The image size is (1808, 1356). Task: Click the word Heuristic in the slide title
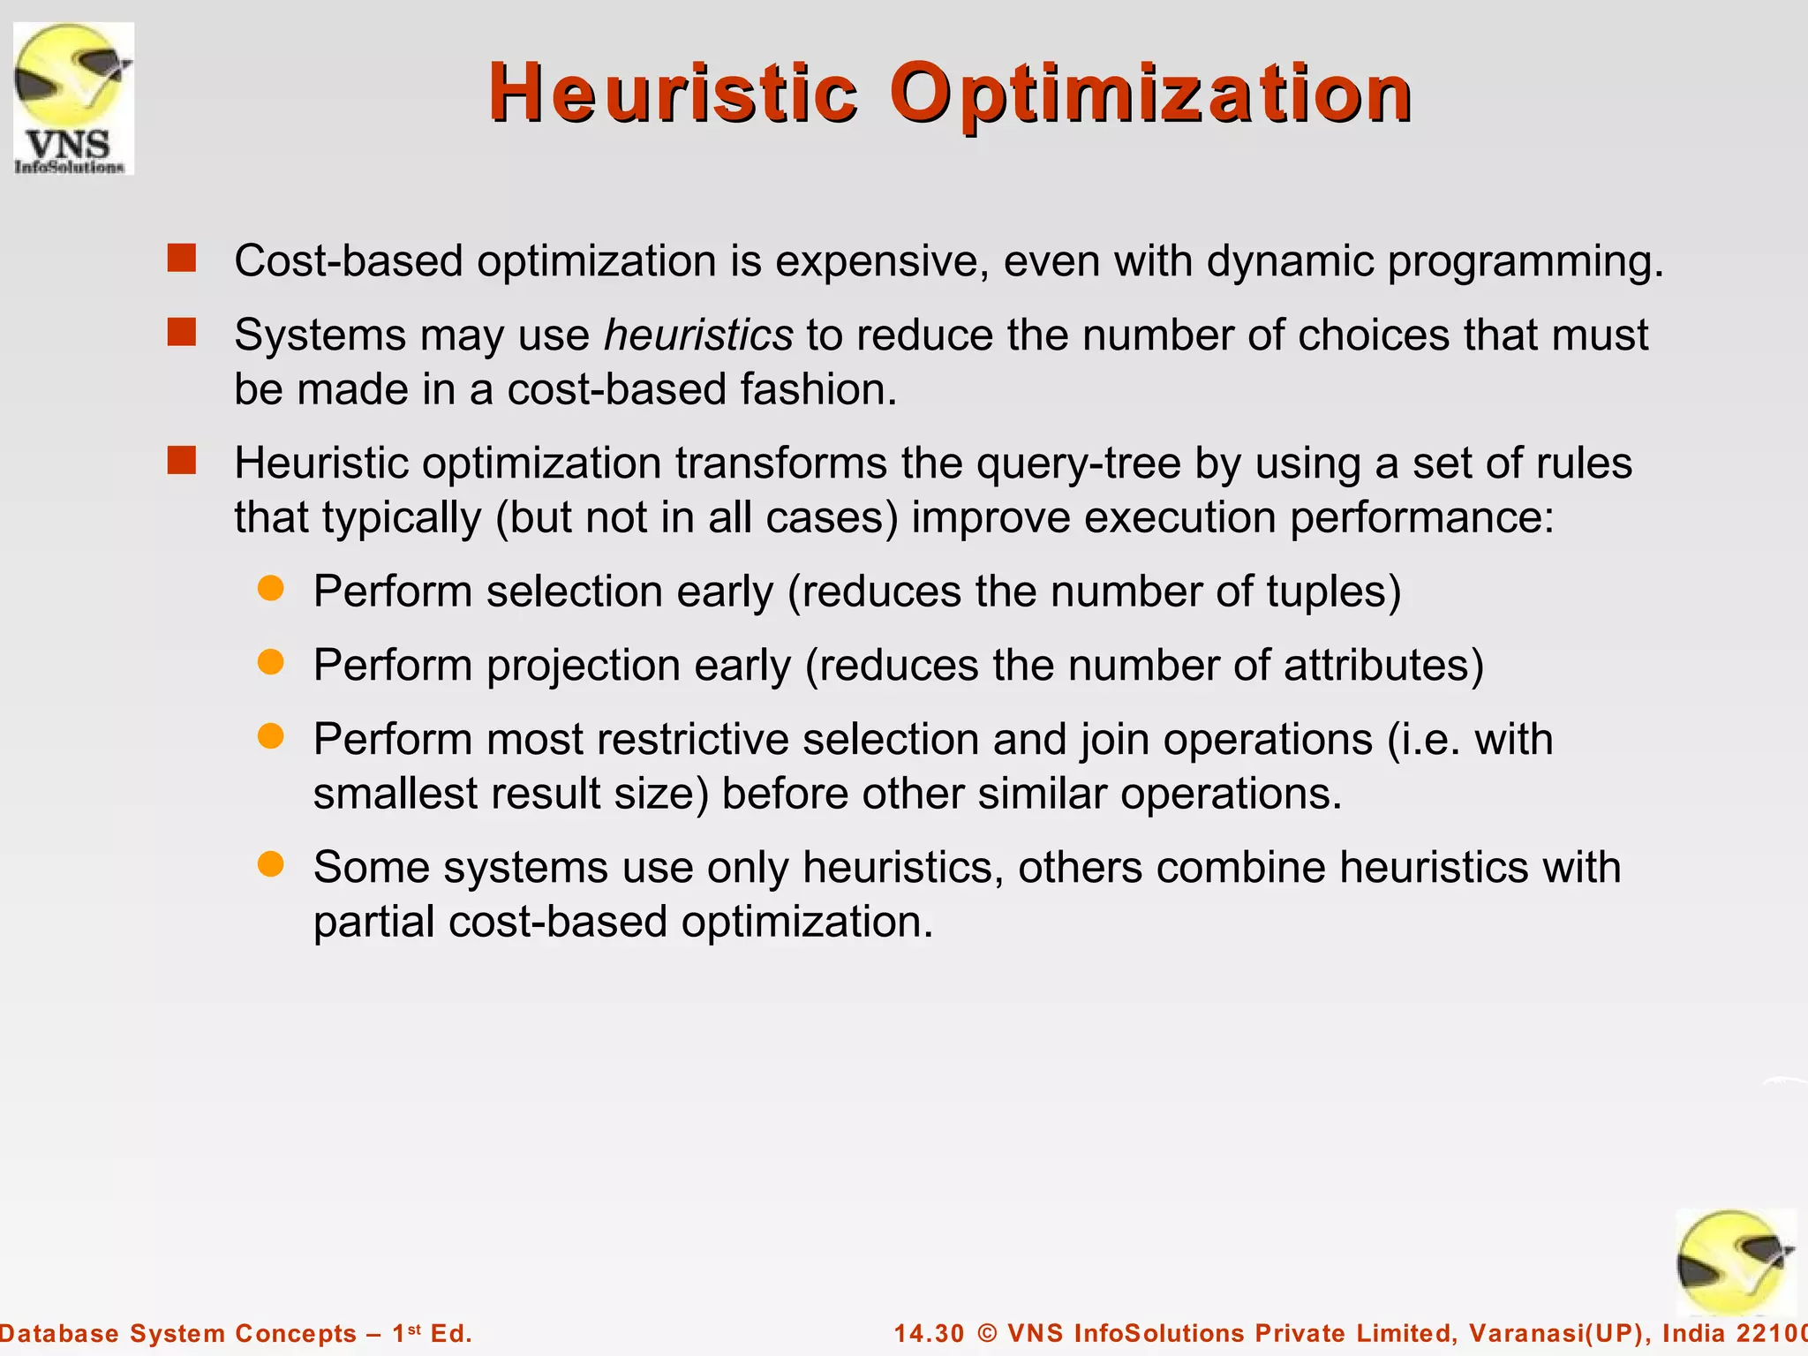(673, 93)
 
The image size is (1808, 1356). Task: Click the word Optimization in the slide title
(1150, 94)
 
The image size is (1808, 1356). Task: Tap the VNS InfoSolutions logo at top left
(73, 98)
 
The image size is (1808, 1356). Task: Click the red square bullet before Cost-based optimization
(182, 259)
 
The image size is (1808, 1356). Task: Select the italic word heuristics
(698, 335)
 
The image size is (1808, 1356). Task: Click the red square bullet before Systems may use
(182, 333)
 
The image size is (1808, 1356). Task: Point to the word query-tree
(1078, 463)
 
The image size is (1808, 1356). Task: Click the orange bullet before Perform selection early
(270, 589)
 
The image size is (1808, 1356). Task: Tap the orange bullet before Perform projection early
(270, 662)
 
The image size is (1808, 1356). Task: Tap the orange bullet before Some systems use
(270, 864)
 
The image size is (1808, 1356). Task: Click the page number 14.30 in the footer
(929, 1333)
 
